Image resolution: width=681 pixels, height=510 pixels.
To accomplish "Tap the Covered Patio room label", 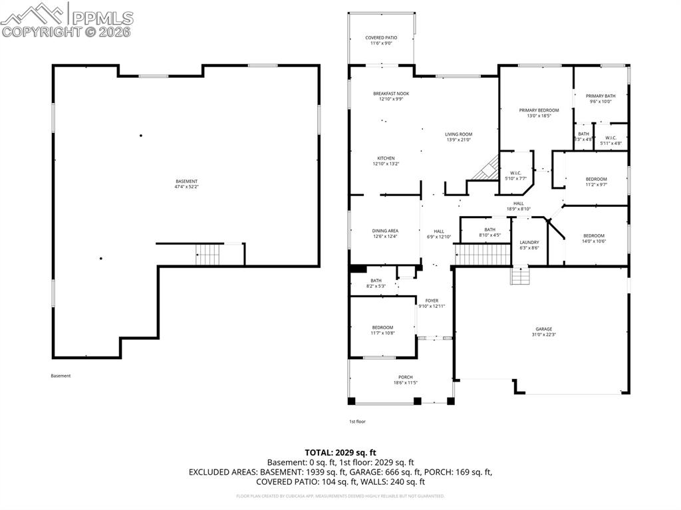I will (381, 38).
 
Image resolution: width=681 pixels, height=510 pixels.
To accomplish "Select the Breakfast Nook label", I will (391, 94).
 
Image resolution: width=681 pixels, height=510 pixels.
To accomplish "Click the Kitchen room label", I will (386, 158).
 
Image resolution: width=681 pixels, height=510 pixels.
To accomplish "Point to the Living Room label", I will (458, 134).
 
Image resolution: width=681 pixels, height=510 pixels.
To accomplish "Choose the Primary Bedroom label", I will (539, 110).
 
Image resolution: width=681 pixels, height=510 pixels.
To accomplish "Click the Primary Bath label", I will (601, 96).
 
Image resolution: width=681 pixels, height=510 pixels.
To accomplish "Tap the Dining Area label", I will (385, 231).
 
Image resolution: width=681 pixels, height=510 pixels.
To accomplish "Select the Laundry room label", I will (529, 242).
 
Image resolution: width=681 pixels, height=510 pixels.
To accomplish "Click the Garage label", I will (544, 328).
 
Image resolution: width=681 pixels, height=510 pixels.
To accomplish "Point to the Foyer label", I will (432, 301).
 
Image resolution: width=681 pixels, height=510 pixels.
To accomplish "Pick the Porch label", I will (405, 376).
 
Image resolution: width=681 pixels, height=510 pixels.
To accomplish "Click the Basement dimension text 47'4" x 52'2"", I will (186, 187).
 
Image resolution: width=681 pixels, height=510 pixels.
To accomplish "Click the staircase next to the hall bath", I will (481, 254).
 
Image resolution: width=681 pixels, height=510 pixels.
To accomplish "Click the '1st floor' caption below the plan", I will (358, 422).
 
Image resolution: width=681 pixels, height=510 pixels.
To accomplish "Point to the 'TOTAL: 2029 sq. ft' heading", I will (340, 452).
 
